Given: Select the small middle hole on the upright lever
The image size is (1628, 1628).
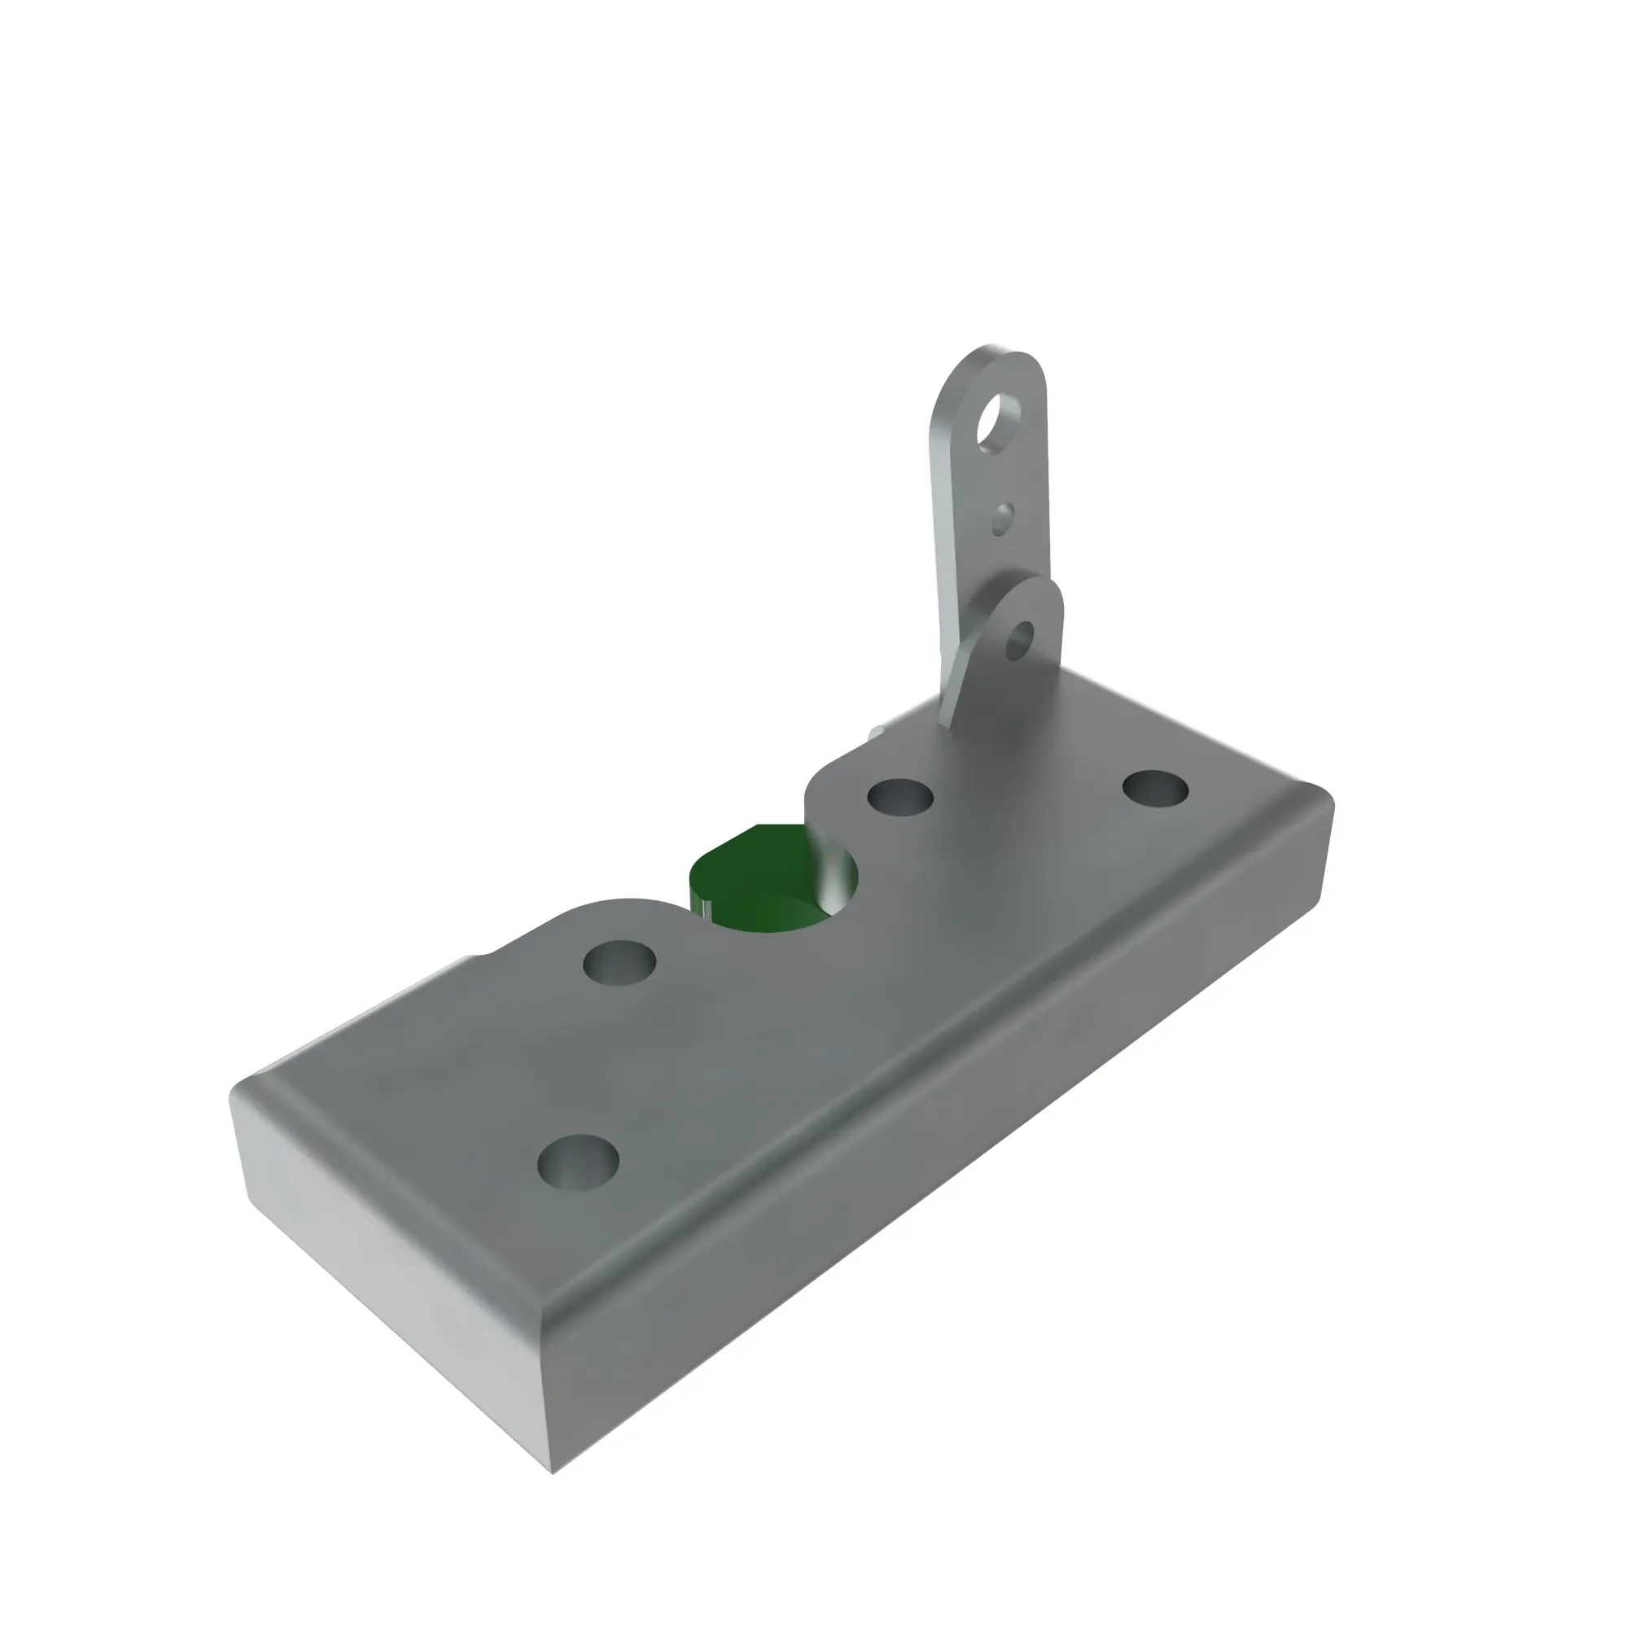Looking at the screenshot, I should [1002, 519].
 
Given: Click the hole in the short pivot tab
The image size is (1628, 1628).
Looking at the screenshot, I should [1021, 641].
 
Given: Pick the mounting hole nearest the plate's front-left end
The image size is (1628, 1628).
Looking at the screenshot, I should [578, 1162].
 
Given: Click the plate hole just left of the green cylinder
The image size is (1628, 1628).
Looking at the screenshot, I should [619, 962].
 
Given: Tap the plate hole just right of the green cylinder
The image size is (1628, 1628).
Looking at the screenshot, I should [900, 796].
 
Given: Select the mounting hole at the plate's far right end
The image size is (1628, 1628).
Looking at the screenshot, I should [1155, 789].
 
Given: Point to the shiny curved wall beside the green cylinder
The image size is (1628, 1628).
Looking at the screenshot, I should [834, 877].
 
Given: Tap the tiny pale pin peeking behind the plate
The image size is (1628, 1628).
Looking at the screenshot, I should [878, 732].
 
